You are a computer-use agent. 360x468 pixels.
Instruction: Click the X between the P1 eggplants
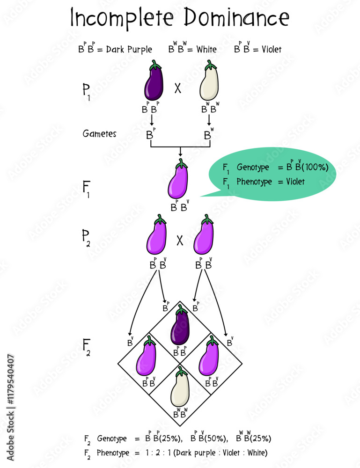point(178,88)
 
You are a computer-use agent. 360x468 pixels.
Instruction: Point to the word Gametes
point(100,134)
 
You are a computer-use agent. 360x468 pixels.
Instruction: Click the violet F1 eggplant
point(178,180)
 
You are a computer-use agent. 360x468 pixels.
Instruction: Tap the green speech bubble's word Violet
point(295,181)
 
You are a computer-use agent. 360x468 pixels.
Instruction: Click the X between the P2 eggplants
point(180,241)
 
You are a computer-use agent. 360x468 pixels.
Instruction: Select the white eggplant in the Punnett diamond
point(180,388)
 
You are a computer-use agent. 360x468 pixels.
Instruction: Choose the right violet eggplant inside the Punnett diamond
point(209,357)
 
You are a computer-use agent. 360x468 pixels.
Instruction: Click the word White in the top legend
point(206,49)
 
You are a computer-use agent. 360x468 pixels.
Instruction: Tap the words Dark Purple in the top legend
point(129,49)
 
